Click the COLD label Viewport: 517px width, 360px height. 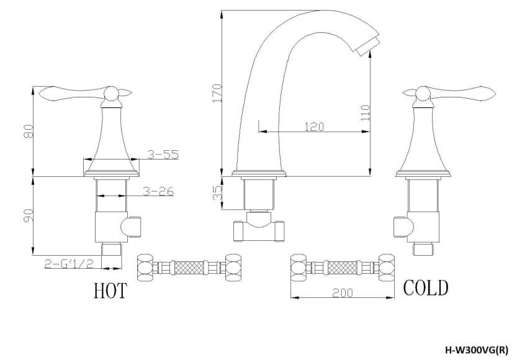pos(426,287)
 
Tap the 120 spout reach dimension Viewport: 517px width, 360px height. pos(313,127)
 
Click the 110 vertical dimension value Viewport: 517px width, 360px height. pos(365,112)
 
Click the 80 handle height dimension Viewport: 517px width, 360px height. pos(28,131)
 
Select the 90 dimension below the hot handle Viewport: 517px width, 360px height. pos(28,215)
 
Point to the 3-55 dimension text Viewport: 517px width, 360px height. pos(163,155)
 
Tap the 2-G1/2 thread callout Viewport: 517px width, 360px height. pos(69,263)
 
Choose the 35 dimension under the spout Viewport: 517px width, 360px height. pos(217,193)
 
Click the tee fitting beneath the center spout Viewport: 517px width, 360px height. pos(258,230)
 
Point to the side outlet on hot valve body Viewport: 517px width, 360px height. pos(133,227)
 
